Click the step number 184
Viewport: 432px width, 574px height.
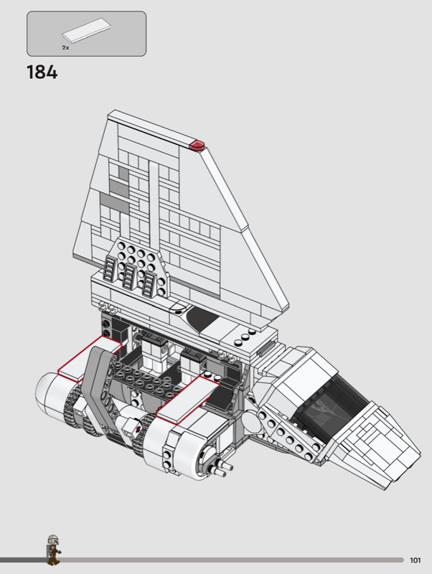42,72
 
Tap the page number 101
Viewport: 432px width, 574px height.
415,560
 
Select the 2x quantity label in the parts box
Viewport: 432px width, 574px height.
65,47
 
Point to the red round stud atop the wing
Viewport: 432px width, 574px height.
197,145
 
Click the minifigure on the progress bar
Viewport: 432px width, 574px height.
53,550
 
